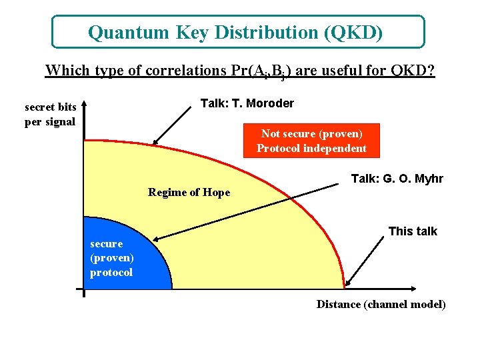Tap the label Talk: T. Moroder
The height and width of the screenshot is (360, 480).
tap(247, 103)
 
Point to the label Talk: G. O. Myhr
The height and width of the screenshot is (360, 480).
tap(397, 179)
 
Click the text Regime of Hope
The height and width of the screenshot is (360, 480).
tap(189, 193)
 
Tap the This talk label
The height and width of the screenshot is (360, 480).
tap(413, 231)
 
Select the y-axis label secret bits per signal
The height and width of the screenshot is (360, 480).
tap(50, 114)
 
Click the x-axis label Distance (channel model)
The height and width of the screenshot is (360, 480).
tap(381, 305)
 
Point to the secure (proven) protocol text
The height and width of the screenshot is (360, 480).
tap(111, 258)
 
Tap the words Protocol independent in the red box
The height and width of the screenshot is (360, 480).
tap(311, 148)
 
